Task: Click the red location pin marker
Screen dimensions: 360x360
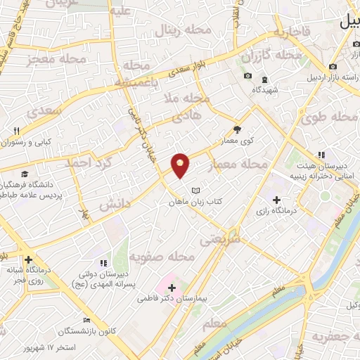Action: tap(181, 165)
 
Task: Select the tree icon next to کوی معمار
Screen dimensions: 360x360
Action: tap(237, 129)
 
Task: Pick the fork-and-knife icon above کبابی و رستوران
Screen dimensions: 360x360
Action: tap(17, 131)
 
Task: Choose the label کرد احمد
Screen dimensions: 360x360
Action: tap(84, 162)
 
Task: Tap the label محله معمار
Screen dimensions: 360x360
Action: tap(239, 165)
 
